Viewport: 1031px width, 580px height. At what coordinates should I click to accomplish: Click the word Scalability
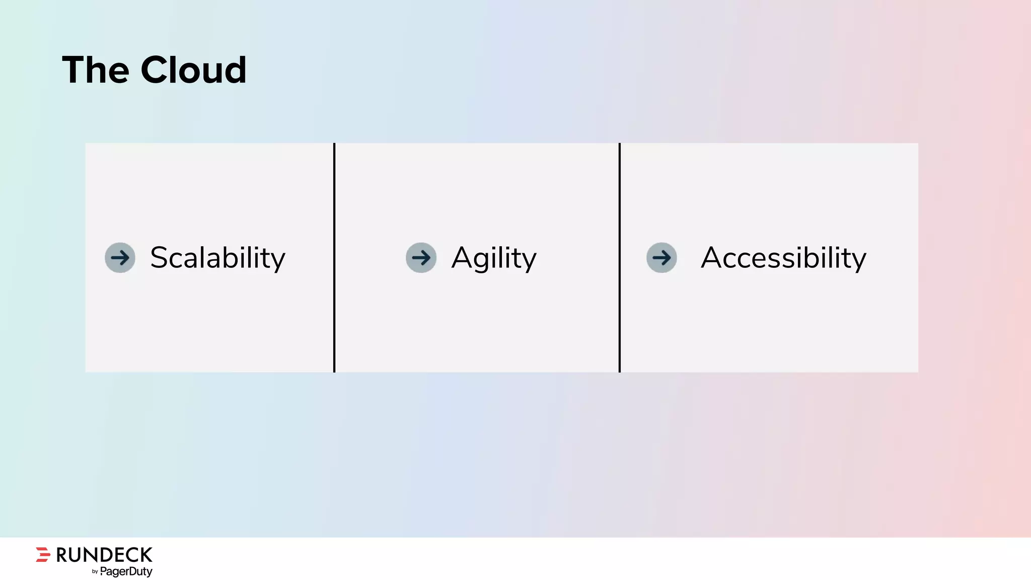pos(217,258)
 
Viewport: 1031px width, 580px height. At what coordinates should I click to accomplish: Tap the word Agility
pos(494,258)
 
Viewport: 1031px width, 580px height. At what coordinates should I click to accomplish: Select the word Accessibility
pos(783,258)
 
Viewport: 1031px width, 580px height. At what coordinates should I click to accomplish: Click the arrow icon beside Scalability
pos(120,258)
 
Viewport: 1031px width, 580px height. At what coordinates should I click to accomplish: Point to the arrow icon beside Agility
pos(421,258)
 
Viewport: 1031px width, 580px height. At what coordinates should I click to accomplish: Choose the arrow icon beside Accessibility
pos(661,258)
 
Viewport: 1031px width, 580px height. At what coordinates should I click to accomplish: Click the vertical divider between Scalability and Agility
pos(334,258)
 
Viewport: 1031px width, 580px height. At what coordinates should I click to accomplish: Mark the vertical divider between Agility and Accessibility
pos(620,258)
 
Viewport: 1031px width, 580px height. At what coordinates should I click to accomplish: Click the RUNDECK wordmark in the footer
pos(104,555)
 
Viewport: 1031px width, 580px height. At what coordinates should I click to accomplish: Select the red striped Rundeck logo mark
pos(43,554)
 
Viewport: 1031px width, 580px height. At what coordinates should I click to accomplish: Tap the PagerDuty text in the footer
pos(126,571)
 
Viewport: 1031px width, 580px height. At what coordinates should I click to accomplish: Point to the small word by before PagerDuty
pos(95,572)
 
